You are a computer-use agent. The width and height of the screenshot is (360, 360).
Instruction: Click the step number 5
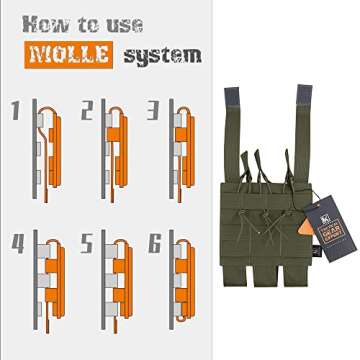coord(88,242)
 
